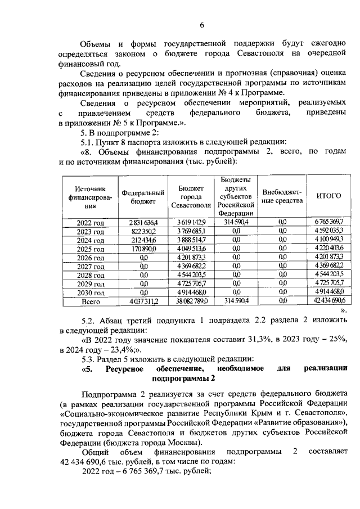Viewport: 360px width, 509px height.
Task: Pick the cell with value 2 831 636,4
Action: coord(143,222)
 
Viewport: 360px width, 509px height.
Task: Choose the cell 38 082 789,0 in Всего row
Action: coord(192,301)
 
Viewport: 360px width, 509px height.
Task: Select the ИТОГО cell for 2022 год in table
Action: coord(328,222)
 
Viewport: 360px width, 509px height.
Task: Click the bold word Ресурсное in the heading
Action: coord(124,369)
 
